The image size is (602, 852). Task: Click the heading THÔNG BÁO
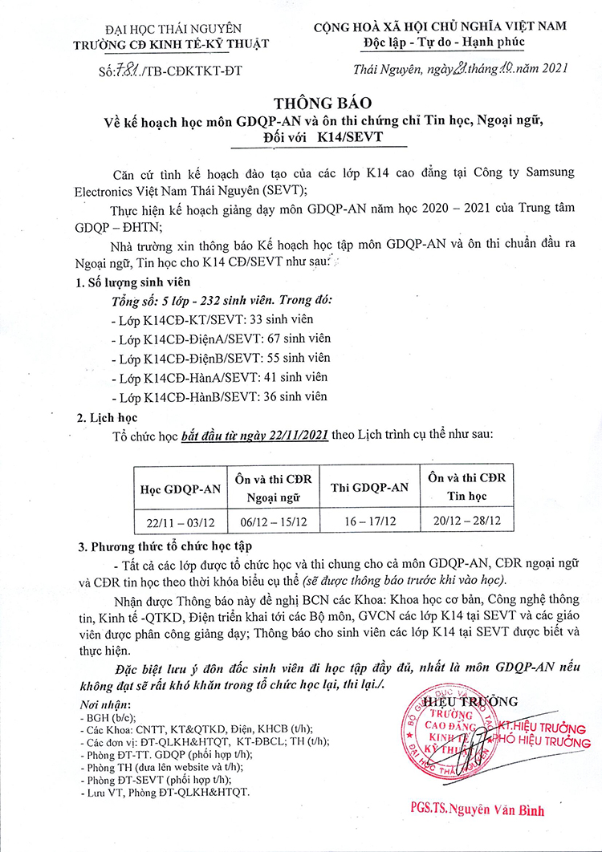coord(301,103)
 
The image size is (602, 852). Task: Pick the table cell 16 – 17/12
coord(370,521)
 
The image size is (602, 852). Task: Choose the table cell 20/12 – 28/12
coord(467,521)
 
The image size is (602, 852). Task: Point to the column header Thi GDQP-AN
coord(370,488)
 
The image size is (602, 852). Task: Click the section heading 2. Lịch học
coord(107,417)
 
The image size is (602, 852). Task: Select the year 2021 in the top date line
coord(550,70)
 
